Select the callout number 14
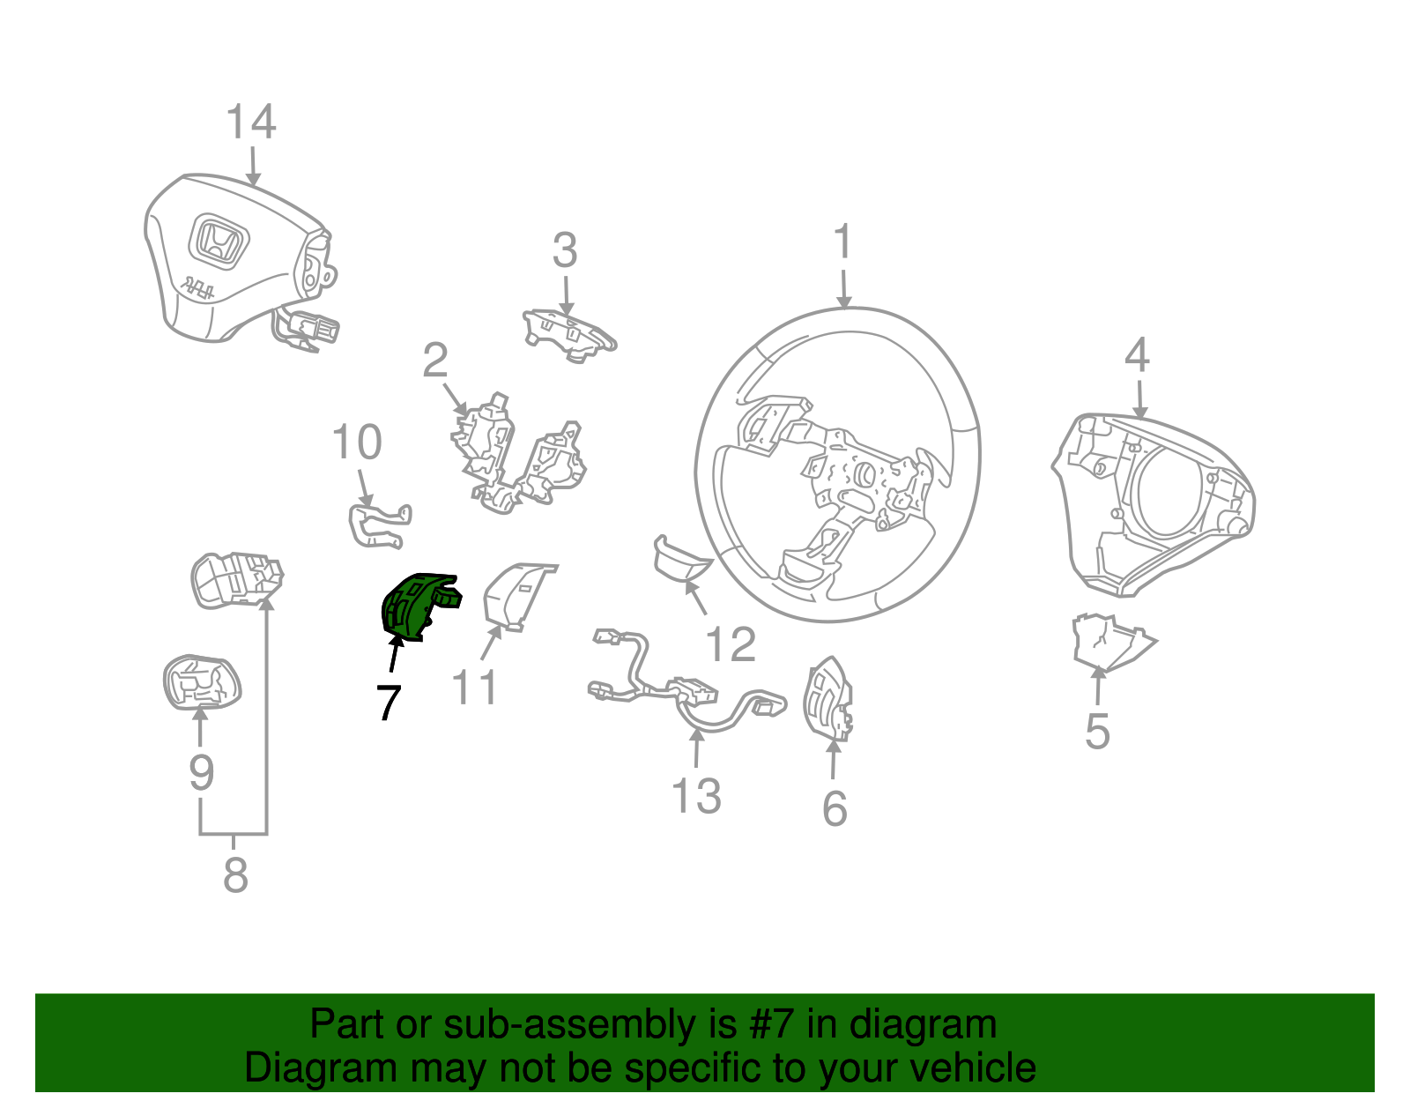(x=251, y=123)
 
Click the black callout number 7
(x=388, y=702)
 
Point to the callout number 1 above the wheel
(x=842, y=242)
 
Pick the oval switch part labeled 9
(x=201, y=681)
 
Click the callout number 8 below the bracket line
(x=235, y=875)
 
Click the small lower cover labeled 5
(x=1109, y=641)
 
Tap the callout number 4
(x=1137, y=355)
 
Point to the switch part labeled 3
(x=569, y=335)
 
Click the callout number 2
(x=435, y=361)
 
